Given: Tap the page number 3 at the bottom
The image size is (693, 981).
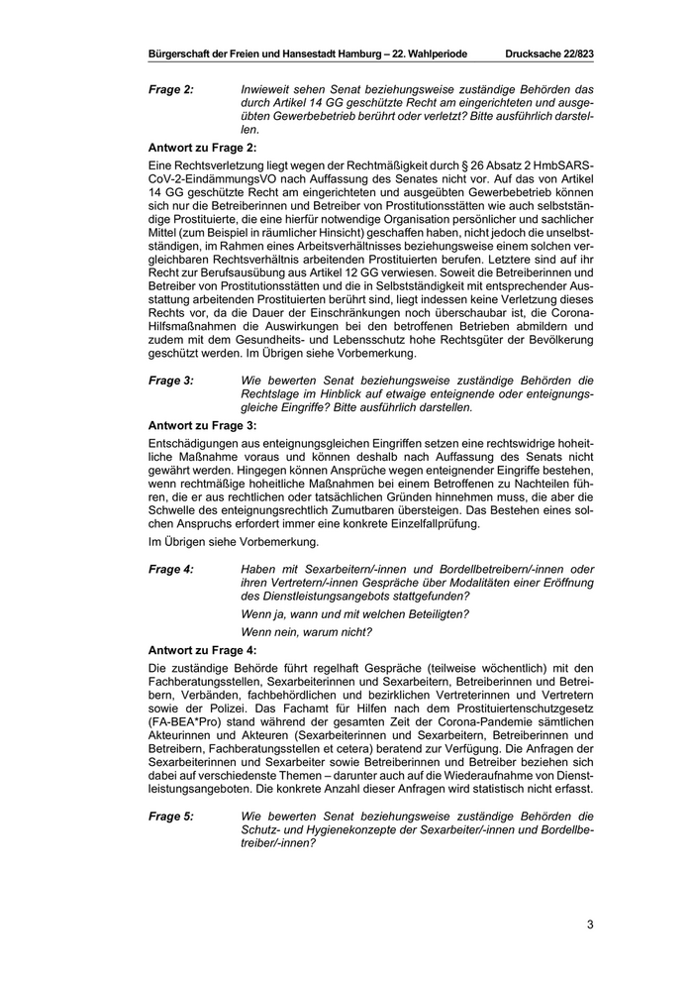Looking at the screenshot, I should tap(590, 926).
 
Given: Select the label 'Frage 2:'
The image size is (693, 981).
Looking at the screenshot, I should tap(171, 90).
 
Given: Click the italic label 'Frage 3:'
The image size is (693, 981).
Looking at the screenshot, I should tap(171, 380).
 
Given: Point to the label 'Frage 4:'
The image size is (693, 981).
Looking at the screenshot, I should tap(171, 568).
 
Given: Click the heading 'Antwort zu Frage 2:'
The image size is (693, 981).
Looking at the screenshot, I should tap(203, 146).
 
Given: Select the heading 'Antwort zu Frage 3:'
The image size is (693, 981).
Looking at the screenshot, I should tap(203, 423).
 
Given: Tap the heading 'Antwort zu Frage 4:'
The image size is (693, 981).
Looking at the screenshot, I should tap(203, 649).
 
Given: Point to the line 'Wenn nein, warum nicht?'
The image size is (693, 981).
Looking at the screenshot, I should tap(306, 631).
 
